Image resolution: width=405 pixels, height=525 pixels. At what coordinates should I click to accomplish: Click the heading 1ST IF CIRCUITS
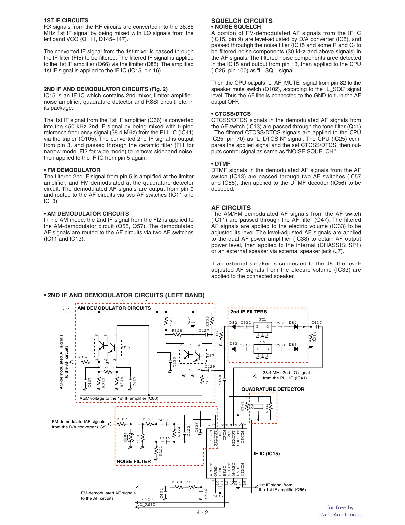tap(66, 20)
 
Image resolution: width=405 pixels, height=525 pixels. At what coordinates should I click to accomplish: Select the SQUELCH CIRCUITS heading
tap(242, 21)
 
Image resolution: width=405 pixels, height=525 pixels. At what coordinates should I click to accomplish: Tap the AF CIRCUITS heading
tap(231, 208)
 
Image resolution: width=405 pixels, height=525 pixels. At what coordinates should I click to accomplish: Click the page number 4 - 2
tap(202, 512)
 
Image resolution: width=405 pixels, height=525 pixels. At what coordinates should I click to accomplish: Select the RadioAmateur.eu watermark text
tap(341, 515)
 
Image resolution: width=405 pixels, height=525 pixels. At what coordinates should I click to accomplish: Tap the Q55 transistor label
tap(126, 347)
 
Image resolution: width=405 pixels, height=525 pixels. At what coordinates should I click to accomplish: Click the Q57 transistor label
tap(210, 356)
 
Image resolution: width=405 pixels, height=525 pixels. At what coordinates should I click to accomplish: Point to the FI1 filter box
tap(262, 327)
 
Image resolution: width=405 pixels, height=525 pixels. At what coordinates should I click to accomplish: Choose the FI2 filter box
tap(262, 349)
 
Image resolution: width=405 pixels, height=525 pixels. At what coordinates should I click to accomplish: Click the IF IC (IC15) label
tap(267, 454)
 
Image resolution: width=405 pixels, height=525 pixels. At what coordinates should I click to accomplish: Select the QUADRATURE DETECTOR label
tap(272, 389)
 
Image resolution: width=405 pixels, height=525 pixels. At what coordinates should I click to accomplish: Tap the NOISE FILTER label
tap(134, 461)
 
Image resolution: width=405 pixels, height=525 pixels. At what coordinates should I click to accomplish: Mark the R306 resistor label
tap(83, 357)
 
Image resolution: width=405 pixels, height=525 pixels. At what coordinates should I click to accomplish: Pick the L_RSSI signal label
tap(148, 505)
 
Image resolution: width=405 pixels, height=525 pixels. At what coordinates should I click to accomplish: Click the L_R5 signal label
tap(66, 309)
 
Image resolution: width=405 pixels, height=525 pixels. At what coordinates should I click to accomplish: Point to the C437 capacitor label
tap(316, 323)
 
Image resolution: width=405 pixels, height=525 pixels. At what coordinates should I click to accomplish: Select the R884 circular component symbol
tap(130, 437)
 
